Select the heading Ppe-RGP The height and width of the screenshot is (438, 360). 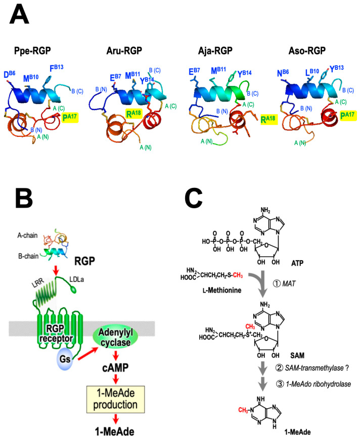[32, 51]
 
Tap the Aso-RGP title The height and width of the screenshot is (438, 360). [307, 51]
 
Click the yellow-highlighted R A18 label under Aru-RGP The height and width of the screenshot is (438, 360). [133, 113]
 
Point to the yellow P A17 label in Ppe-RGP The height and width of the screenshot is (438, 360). [70, 117]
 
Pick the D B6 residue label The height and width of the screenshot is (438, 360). [10, 75]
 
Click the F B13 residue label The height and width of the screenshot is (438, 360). [57, 68]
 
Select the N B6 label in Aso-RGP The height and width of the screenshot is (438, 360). [283, 73]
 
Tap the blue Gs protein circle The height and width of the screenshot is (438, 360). [65, 359]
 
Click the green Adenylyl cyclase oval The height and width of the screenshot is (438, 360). [115, 337]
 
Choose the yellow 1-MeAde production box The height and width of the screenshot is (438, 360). [115, 399]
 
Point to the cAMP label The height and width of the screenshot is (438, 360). [115, 368]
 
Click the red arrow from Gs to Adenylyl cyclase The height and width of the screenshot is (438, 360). [88, 353]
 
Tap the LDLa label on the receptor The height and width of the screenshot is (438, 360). [76, 279]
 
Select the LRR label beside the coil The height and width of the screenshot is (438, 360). [38, 282]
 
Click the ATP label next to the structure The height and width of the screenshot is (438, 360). [297, 263]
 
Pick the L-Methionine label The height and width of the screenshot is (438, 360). [222, 290]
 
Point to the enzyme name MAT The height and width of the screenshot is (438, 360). [289, 283]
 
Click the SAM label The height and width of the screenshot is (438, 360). [297, 355]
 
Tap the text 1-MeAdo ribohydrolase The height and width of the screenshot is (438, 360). [318, 384]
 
